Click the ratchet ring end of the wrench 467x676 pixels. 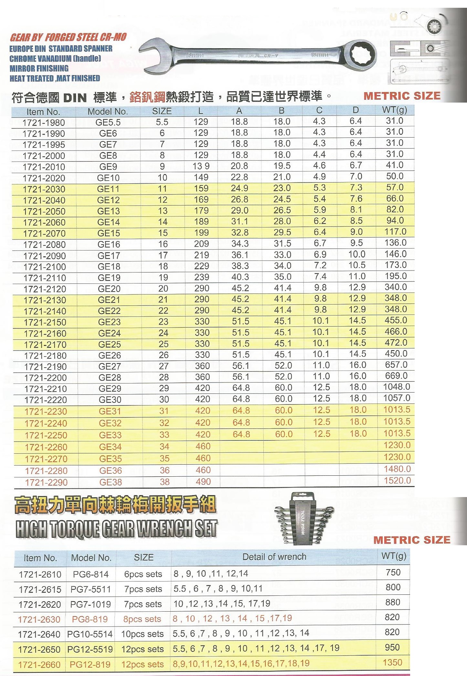[362, 53]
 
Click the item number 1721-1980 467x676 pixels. [44, 123]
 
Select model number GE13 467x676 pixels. [109, 211]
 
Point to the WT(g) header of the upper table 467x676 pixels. [394, 110]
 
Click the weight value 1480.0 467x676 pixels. [397, 469]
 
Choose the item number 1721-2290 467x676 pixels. [46, 482]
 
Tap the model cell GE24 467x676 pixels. [109, 333]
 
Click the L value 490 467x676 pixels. [203, 482]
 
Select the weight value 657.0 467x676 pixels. [396, 365]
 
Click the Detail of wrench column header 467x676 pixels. [274, 557]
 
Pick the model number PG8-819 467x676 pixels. [90, 619]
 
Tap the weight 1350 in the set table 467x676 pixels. [392, 662]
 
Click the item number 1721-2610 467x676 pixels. [40, 574]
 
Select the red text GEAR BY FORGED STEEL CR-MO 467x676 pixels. [68, 38]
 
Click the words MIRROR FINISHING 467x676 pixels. [39, 68]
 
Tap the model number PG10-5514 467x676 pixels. [90, 634]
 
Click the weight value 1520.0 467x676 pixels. [397, 481]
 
